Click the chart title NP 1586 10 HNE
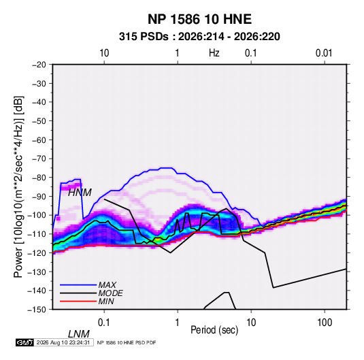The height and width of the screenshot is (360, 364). [x=199, y=19]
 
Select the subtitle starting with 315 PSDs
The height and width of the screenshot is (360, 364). [x=199, y=37]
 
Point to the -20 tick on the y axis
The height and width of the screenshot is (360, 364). [x=39, y=65]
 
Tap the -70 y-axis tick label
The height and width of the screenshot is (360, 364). [x=39, y=159]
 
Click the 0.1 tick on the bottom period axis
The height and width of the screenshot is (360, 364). [x=104, y=323]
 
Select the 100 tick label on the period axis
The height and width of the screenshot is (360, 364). [x=325, y=323]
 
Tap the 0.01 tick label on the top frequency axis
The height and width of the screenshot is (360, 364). [x=324, y=53]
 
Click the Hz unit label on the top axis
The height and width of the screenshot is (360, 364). [x=214, y=53]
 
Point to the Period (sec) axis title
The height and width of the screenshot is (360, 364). [x=214, y=330]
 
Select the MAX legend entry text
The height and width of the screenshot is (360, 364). [x=107, y=284]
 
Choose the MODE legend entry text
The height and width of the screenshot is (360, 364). [x=110, y=293]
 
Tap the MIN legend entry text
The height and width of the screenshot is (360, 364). [x=106, y=301]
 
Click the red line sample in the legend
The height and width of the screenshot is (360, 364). [x=78, y=301]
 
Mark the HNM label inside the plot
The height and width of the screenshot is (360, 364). [x=80, y=193]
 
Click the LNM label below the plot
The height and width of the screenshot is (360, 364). [x=78, y=334]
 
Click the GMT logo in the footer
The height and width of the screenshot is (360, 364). [x=25, y=342]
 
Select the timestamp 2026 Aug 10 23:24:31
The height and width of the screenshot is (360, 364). [x=63, y=342]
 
